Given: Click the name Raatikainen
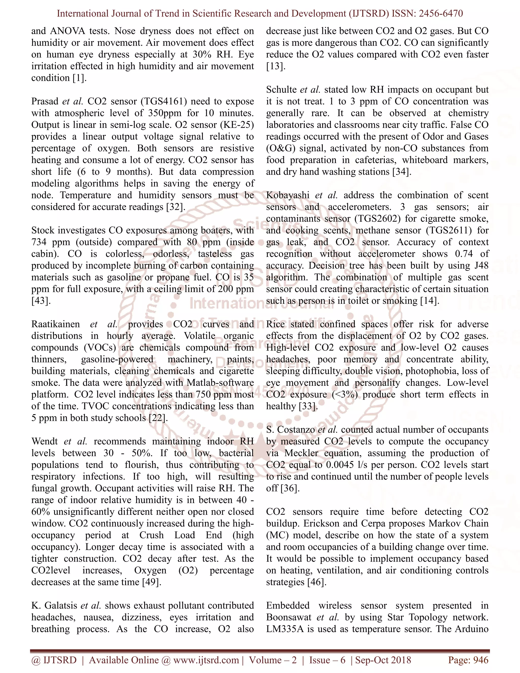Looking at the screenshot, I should (55, 324).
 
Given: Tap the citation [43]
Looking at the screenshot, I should (41, 301).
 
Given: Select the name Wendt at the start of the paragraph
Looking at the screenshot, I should (44, 441).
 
